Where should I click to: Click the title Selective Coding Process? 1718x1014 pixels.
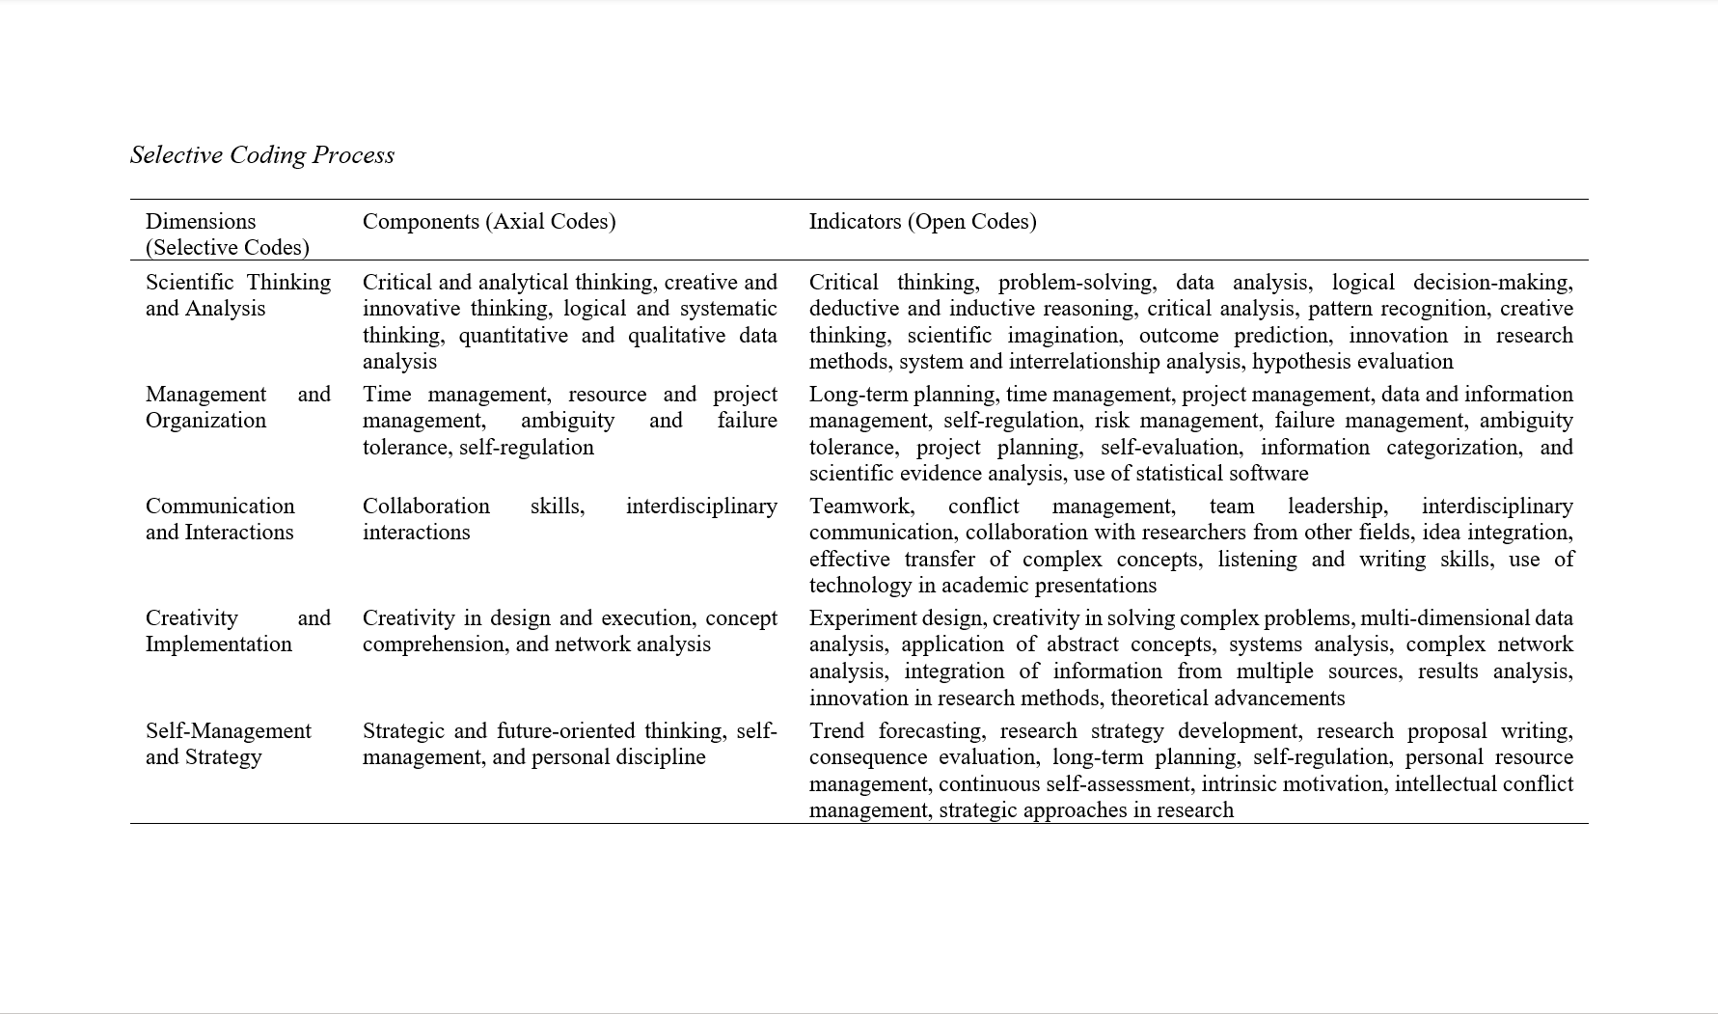point(261,155)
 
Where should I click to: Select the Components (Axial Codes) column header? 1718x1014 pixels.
point(488,222)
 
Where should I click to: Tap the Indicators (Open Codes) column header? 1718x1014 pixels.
point(922,222)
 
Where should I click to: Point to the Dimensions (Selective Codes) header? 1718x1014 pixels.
point(227,234)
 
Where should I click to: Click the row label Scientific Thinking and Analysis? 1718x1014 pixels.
point(237,295)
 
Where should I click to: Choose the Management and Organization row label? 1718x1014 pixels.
point(237,407)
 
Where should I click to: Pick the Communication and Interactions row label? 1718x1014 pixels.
point(220,519)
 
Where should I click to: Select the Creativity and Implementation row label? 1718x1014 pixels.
point(237,631)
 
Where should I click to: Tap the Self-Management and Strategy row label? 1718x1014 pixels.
point(228,744)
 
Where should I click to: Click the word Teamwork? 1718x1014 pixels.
point(860,507)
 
